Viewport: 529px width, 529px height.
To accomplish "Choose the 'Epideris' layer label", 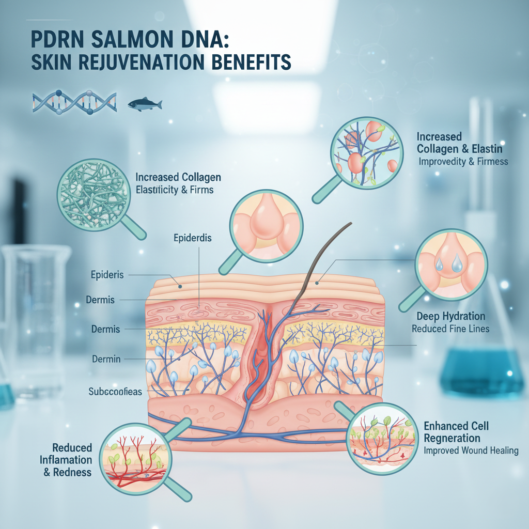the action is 107,274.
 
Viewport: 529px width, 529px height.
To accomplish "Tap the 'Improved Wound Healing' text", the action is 471,450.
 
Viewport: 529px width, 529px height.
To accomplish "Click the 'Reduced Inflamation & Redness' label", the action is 72,460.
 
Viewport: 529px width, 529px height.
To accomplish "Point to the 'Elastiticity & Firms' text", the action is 175,190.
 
